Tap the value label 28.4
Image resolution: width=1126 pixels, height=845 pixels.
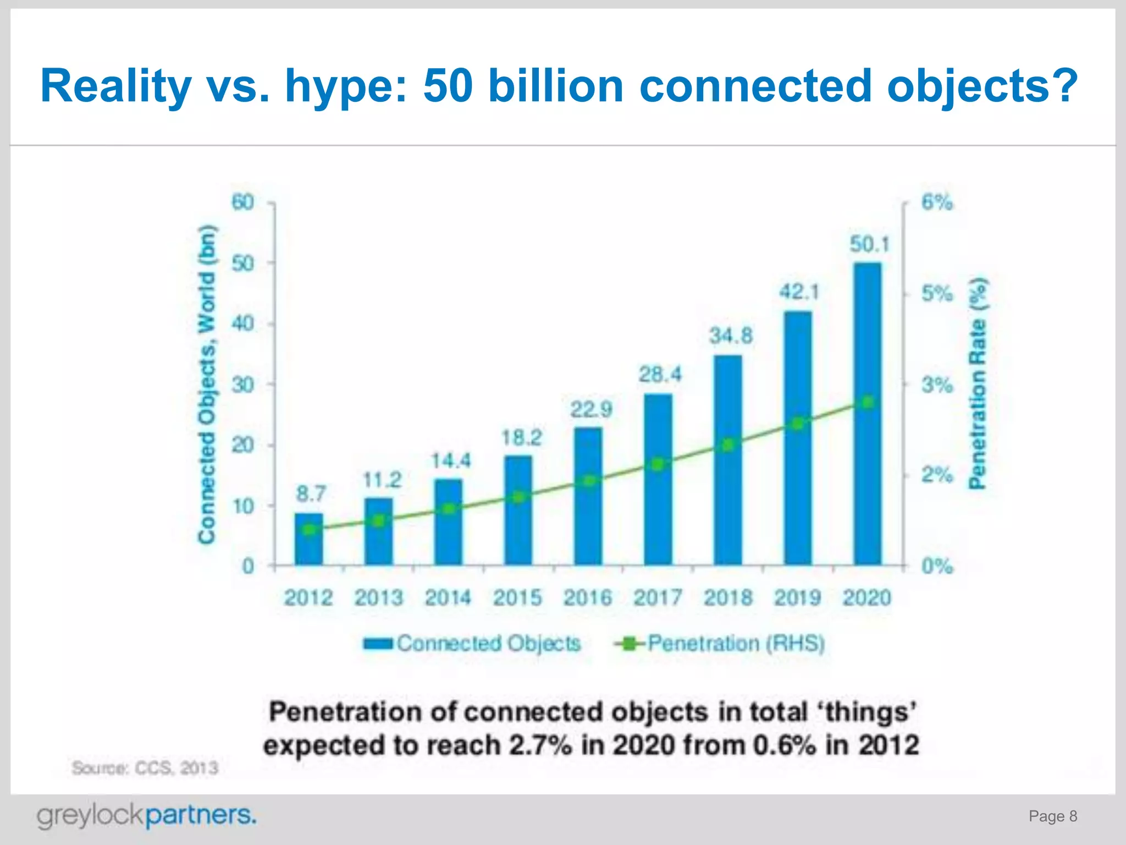pyautogui.click(x=659, y=375)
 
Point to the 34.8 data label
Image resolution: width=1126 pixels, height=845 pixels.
pyautogui.click(x=730, y=336)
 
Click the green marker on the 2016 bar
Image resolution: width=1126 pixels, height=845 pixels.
pyautogui.click(x=589, y=481)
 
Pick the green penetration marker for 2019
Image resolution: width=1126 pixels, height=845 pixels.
pyautogui.click(x=798, y=424)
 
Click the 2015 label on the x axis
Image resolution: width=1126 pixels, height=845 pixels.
pyautogui.click(x=517, y=598)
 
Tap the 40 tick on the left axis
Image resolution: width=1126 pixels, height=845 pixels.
pyautogui.click(x=242, y=323)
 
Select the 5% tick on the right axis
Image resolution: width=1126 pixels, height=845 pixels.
pyautogui.click(x=937, y=294)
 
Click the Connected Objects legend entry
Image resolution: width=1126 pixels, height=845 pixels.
pyautogui.click(x=473, y=643)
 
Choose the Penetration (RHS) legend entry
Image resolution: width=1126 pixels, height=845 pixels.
pyautogui.click(x=720, y=643)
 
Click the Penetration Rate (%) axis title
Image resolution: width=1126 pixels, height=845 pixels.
pyautogui.click(x=978, y=383)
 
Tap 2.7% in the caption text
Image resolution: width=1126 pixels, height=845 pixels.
pyautogui.click(x=540, y=746)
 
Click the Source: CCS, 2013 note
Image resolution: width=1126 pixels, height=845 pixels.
pyautogui.click(x=145, y=767)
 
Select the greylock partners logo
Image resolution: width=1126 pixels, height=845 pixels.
pyautogui.click(x=146, y=815)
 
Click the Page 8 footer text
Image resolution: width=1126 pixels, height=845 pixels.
pyautogui.click(x=1052, y=816)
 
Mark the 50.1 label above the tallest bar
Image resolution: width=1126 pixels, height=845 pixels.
pyautogui.click(x=869, y=244)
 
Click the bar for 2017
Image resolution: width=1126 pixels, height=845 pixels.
pyautogui.click(x=658, y=479)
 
